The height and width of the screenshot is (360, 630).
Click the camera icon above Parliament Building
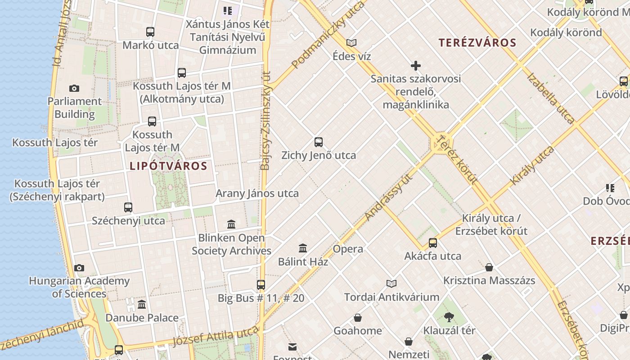coord(74,89)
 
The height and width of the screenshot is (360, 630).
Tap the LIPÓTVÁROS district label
coord(168,166)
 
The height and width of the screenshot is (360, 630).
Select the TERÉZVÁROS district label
coord(477,43)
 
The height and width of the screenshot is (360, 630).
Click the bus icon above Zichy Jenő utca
coord(319,143)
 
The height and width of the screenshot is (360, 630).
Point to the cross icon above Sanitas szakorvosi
coord(416,66)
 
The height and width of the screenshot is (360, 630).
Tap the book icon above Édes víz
coord(351,43)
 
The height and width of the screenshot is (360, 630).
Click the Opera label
coord(348,249)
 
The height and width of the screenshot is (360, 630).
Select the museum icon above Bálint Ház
coord(303,248)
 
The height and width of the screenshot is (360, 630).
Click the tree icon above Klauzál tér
coord(449,317)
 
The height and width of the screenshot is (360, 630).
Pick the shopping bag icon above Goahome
coord(358,318)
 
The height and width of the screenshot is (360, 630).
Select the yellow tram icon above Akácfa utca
coord(433,243)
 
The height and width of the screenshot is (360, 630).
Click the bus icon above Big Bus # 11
coord(261,285)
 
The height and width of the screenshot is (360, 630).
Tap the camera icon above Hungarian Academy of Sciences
coord(79,268)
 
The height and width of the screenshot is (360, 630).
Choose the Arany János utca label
coord(257,193)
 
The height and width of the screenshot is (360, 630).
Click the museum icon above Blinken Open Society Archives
coord(231,224)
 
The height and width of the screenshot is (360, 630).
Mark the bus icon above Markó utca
coord(150,32)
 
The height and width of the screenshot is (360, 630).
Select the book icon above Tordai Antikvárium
coord(391,283)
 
